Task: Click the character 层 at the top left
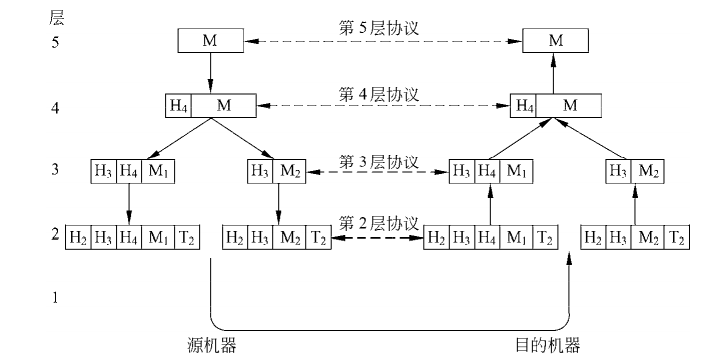(x=57, y=17)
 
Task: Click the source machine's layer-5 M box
(x=210, y=42)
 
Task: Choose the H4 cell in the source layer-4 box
(x=179, y=105)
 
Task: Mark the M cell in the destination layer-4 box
(x=569, y=105)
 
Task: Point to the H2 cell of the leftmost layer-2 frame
(x=77, y=238)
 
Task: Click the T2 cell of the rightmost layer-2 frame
(x=677, y=238)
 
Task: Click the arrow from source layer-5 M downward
(x=210, y=73)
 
